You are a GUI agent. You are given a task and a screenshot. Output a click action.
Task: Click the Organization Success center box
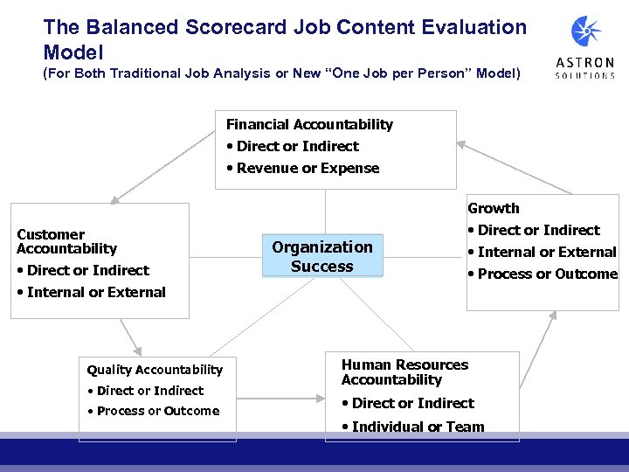[322, 257]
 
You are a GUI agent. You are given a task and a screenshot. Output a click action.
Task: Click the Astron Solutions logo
[585, 46]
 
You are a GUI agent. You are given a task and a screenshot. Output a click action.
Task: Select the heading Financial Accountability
[309, 125]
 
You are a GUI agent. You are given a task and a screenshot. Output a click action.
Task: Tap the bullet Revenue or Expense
[308, 169]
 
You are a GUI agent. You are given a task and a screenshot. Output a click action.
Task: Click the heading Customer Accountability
[66, 241]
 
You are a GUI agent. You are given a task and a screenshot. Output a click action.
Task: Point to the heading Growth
[494, 208]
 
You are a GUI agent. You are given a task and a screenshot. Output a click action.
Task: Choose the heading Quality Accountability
[155, 370]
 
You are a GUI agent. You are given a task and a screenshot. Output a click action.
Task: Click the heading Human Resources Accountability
[404, 372]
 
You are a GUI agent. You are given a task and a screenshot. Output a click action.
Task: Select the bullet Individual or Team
[418, 427]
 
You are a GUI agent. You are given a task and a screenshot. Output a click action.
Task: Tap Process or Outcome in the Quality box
[157, 411]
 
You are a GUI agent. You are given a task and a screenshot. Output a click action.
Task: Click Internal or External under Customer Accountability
[95, 292]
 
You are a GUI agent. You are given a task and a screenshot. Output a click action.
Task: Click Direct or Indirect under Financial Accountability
[297, 147]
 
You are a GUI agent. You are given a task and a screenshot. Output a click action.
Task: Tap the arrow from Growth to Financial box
[515, 166]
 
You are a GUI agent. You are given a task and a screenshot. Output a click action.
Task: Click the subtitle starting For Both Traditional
[281, 74]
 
